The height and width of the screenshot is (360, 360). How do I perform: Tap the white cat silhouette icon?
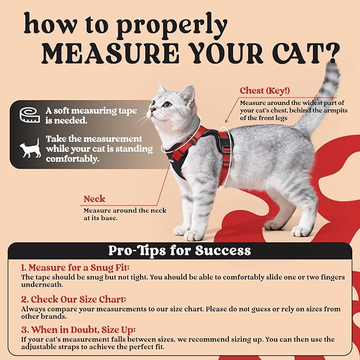point(30,149)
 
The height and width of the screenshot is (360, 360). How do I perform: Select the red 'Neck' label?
point(94,199)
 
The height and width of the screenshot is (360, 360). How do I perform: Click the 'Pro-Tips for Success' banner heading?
point(179,250)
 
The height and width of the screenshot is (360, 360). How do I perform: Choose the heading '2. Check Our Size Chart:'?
point(74,299)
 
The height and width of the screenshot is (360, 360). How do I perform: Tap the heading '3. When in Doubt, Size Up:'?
point(78,330)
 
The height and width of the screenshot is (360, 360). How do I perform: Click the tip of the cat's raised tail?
point(333,67)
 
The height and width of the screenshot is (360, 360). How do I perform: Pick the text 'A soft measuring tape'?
point(91,111)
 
